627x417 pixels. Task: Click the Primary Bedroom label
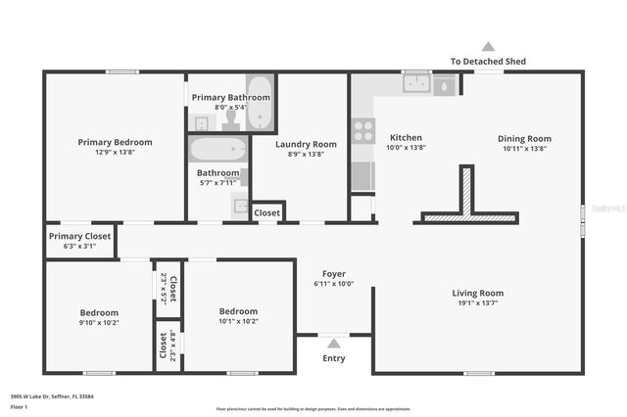click(116, 142)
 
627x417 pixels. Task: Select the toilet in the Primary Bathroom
click(231, 118)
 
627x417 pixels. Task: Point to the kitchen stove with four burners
click(363, 130)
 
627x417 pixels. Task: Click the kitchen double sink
click(417, 84)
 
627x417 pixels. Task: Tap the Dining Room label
click(525, 138)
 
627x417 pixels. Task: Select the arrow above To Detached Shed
click(488, 46)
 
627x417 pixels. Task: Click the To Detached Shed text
click(488, 61)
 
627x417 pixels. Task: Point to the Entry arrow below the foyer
click(333, 343)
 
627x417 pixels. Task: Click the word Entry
click(333, 358)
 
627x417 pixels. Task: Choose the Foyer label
click(333, 274)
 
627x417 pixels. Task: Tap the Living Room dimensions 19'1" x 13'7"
click(477, 303)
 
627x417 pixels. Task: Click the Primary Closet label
click(80, 236)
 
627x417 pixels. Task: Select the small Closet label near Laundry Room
click(267, 212)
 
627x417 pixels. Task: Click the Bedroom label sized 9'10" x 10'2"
click(99, 312)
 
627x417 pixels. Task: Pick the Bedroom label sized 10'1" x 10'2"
click(238, 311)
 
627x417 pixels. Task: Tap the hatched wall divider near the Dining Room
click(467, 191)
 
